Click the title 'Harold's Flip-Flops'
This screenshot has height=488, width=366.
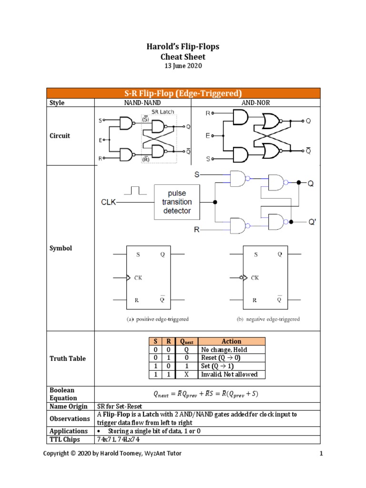[183, 47]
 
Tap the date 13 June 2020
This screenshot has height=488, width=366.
[183, 66]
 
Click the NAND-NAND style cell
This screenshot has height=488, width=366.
[142, 102]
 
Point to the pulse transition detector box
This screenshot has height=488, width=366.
[176, 202]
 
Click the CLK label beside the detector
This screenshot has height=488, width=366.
[108, 202]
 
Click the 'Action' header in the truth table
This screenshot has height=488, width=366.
[231, 341]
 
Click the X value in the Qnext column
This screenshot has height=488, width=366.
[187, 375]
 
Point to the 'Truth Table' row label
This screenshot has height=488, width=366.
[68, 358]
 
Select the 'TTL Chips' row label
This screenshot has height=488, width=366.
[65, 439]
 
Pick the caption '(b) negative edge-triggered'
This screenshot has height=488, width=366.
[269, 319]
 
